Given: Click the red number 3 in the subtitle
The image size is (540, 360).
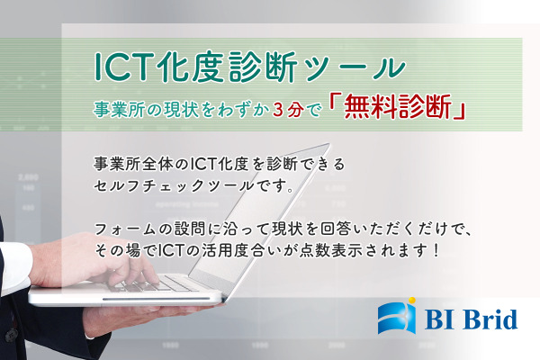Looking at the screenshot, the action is (278, 110).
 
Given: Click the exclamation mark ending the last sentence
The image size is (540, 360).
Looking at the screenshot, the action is (436, 250).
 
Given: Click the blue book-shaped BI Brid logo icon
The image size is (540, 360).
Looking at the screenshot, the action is (397, 316).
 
